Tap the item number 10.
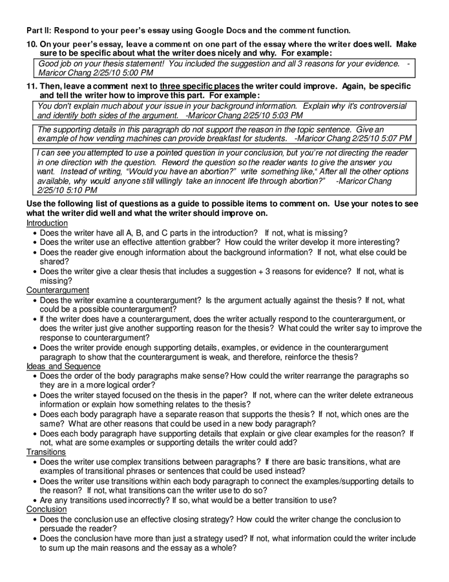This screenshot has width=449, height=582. point(32,44)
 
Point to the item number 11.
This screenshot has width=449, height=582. point(32,86)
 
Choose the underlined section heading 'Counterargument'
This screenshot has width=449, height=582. point(57,290)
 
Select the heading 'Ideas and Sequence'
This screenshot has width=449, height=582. point(63,366)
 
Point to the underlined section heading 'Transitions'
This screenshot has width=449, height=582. point(46,452)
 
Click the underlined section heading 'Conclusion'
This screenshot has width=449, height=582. point(46,510)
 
